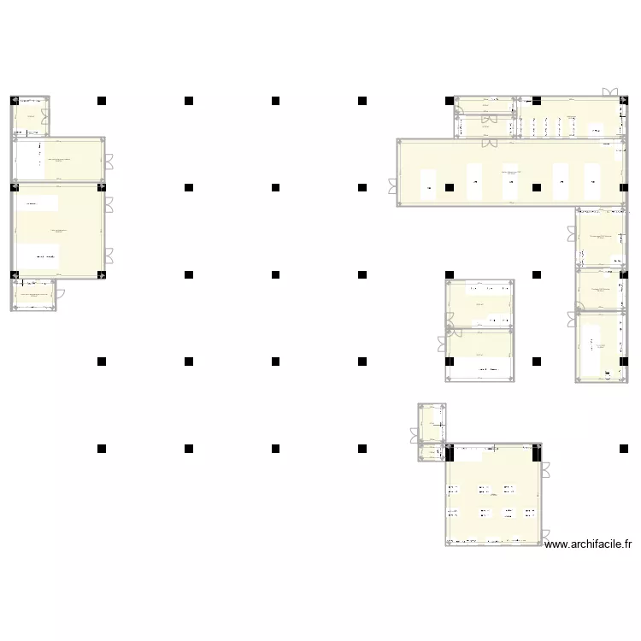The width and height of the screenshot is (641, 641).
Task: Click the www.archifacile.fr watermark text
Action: (588, 543)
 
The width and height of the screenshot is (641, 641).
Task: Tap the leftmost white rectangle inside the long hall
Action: (427, 181)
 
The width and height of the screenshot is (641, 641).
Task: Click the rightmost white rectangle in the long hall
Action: (592, 181)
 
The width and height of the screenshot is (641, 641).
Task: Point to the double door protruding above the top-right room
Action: (610, 92)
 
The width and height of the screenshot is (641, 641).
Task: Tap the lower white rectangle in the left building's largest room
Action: (44, 256)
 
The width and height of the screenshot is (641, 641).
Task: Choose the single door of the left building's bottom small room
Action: (59, 295)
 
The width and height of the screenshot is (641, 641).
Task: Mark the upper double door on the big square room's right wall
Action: (544, 470)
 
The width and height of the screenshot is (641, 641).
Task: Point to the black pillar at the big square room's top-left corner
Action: (450, 448)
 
